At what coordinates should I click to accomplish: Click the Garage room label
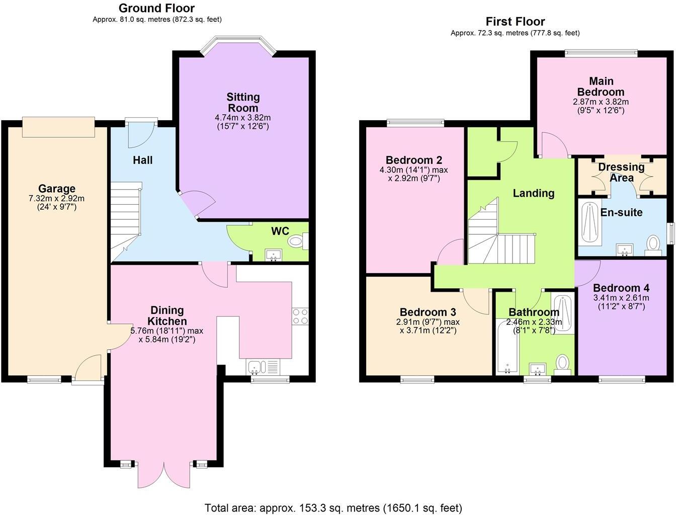tap(57, 189)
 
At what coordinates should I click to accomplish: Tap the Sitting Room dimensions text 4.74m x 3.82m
tap(242, 118)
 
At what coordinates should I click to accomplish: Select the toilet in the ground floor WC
tap(296, 241)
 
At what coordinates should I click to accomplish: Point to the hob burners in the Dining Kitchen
tap(300, 316)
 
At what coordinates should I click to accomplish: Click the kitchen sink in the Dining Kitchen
tap(256, 367)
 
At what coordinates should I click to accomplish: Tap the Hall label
tap(143, 160)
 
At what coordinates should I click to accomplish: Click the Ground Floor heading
tap(156, 8)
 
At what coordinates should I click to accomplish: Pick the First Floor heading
tap(515, 22)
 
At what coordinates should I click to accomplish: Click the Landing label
tap(534, 193)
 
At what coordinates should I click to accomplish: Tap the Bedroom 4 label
tap(621, 288)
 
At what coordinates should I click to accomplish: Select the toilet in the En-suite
tap(654, 244)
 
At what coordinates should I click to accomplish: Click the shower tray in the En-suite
tap(587, 224)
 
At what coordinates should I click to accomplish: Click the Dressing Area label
tap(622, 172)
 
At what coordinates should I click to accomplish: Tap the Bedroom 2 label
tap(414, 160)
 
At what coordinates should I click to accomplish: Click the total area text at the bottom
tap(333, 507)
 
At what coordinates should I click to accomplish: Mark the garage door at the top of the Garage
tap(58, 127)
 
